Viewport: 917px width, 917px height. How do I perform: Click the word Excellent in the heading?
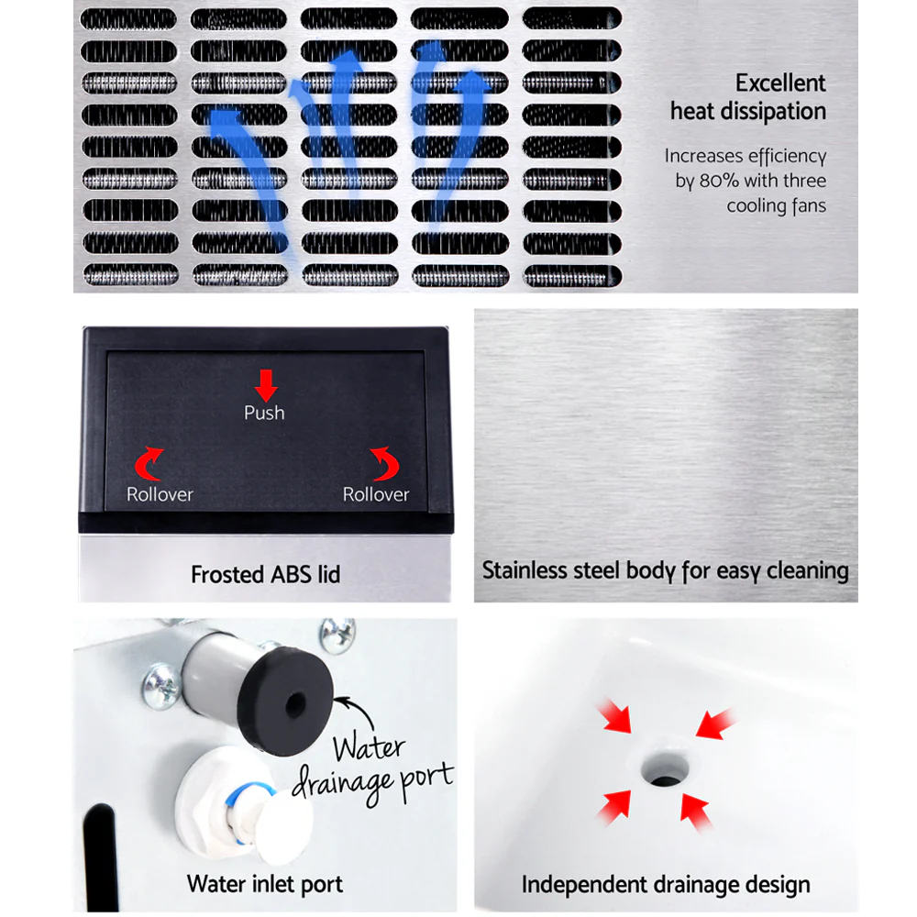[x=779, y=83]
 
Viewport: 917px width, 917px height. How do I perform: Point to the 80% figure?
[x=719, y=181]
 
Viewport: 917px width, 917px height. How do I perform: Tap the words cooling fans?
[x=776, y=205]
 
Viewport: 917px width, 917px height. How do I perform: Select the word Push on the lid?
[x=264, y=413]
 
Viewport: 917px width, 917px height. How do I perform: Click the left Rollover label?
[x=160, y=494]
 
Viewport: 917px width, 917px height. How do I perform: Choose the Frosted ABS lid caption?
[x=265, y=575]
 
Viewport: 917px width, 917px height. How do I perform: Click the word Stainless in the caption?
[x=527, y=570]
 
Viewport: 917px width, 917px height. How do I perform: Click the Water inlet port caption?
[x=264, y=884]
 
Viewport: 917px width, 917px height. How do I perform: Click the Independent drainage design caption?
[x=666, y=885]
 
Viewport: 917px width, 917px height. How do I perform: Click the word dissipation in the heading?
[x=748, y=112]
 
